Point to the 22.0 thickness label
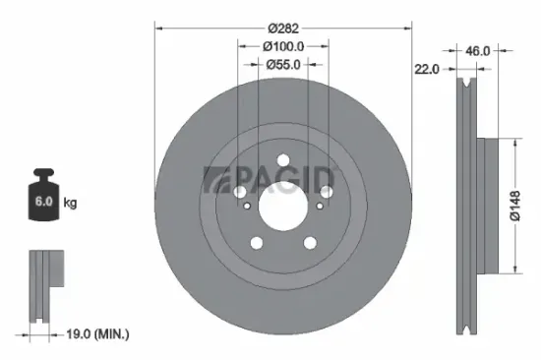(426, 68)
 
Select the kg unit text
(71, 203)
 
